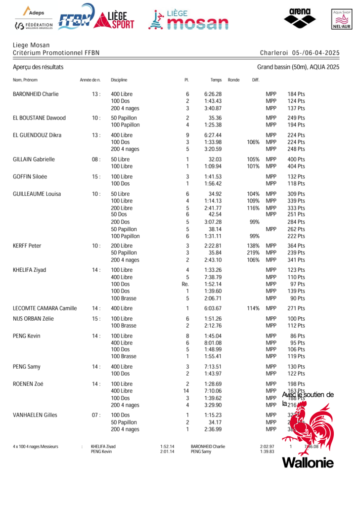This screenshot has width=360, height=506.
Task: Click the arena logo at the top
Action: [299, 18]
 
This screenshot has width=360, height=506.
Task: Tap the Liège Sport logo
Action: [114, 20]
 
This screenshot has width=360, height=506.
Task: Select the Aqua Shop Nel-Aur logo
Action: [342, 20]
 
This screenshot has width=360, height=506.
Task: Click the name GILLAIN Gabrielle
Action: [34, 160]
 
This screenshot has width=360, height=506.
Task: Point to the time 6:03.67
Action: [213, 308]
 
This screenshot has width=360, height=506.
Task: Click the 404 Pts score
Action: [296, 167]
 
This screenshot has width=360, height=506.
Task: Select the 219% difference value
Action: [253, 253]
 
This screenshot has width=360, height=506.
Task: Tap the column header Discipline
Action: [119, 80]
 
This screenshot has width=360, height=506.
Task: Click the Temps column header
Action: [216, 80]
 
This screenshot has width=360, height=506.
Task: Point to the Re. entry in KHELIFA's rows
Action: [185, 284]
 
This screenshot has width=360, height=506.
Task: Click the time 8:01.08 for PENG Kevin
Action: [213, 343]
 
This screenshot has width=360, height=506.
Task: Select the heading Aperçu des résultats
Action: [38, 67]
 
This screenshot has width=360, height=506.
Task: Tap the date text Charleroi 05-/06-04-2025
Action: [300, 52]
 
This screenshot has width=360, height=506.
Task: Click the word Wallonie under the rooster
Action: [308, 463]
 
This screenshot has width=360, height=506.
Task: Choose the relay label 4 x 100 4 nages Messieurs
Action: [36, 447]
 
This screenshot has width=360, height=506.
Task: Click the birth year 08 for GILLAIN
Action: [96, 160]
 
